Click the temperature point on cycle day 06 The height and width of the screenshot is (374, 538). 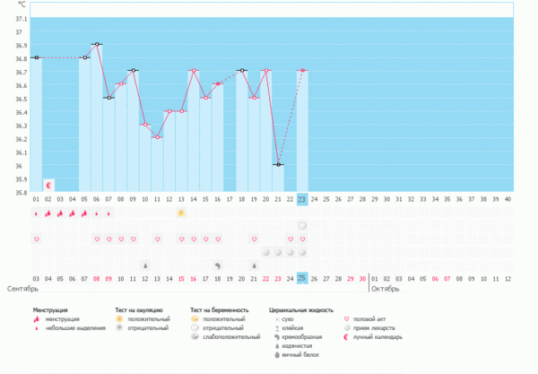(x=97, y=44)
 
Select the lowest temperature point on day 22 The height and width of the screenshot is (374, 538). (x=278, y=164)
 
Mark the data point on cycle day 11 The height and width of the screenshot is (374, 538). (x=157, y=137)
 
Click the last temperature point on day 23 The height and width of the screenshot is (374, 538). (x=302, y=71)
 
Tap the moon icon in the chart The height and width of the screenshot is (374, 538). (x=48, y=185)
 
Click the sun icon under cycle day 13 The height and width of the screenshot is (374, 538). (x=181, y=213)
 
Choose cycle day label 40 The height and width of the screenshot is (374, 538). (x=508, y=200)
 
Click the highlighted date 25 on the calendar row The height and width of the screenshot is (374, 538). (x=302, y=279)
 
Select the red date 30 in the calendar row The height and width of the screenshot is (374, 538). (x=362, y=279)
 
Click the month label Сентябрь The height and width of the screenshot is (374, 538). (x=22, y=290)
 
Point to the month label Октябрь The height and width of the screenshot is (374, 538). (x=386, y=290)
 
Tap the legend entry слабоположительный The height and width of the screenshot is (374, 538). (x=232, y=337)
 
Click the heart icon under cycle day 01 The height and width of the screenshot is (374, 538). (x=37, y=239)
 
